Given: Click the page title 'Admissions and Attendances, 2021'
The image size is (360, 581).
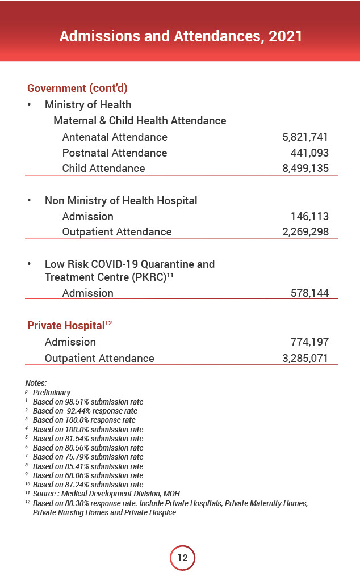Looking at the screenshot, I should pyautogui.click(x=181, y=36).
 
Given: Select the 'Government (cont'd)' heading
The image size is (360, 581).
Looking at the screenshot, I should pyautogui.click(x=77, y=88).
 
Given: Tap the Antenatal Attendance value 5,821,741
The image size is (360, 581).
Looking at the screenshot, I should pyautogui.click(x=305, y=137).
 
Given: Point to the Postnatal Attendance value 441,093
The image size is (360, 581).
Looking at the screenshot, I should pyautogui.click(x=309, y=153).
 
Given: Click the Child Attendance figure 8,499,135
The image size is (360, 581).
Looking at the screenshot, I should pyautogui.click(x=305, y=168).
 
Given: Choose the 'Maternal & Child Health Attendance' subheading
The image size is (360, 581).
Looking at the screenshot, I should pyautogui.click(x=140, y=120).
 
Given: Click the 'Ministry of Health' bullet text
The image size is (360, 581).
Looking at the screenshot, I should pyautogui.click(x=88, y=104).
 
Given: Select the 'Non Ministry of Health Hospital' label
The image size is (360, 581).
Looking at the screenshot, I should pyautogui.click(x=121, y=200).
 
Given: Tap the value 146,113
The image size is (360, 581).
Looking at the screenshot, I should pyautogui.click(x=309, y=216).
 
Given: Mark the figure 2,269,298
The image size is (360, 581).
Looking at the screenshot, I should pyautogui.click(x=305, y=231).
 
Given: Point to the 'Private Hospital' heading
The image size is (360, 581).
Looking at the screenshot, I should pyautogui.click(x=66, y=326).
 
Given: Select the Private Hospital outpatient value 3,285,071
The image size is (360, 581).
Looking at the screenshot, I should pyautogui.click(x=305, y=358).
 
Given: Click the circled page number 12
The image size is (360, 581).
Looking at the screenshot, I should pyautogui.click(x=182, y=558).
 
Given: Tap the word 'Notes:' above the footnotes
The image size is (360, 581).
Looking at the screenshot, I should pyautogui.click(x=36, y=384).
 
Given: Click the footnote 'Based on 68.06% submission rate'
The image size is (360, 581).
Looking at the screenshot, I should pyautogui.click(x=87, y=475).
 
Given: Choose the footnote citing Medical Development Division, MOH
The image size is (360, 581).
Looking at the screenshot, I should pyautogui.click(x=106, y=494).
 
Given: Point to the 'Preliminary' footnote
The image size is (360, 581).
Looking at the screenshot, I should pyautogui.click(x=52, y=393).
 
